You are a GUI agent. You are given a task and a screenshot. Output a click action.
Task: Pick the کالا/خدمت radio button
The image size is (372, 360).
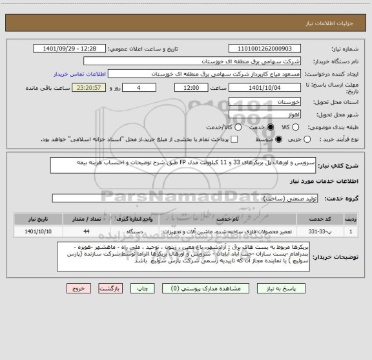(x=199, y=127)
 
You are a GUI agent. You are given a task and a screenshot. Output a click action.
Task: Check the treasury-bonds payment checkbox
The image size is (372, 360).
(x=234, y=139)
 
